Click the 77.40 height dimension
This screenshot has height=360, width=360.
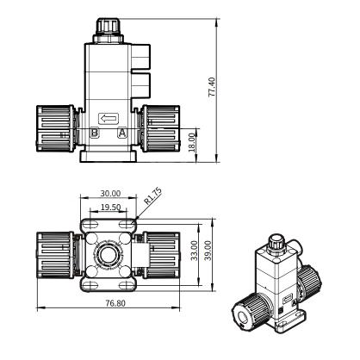point(212,86)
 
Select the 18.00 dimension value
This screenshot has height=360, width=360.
point(192,142)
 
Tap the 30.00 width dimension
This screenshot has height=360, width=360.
point(110,194)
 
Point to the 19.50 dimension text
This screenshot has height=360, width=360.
point(111,207)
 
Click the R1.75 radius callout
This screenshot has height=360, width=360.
point(152,196)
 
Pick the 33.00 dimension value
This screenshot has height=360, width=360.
point(195,251)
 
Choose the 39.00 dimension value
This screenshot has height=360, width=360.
point(208,251)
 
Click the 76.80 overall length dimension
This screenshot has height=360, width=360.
point(115,303)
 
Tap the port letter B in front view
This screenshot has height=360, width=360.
point(95,133)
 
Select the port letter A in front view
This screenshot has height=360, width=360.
point(122,133)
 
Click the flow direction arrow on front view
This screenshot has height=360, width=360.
point(109,118)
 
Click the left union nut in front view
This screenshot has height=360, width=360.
point(55,128)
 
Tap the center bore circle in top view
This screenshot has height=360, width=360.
point(108,255)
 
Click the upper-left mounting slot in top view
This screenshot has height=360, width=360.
point(91,224)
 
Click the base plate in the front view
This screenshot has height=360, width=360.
point(109,157)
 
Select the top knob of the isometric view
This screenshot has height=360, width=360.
point(276,243)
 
